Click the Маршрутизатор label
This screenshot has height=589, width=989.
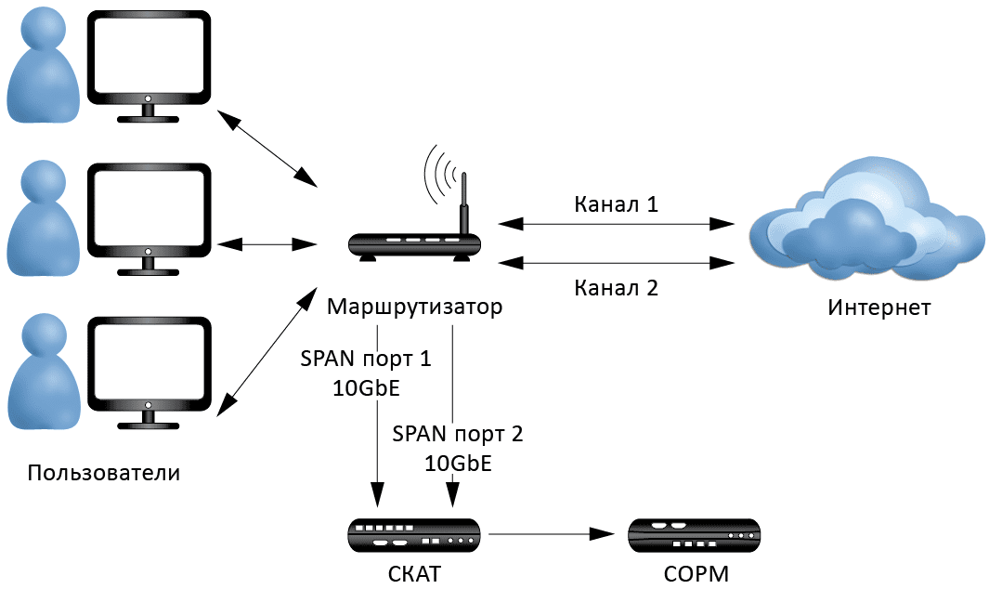[415, 307]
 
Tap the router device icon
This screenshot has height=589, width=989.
[414, 245]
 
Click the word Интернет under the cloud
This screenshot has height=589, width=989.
[878, 308]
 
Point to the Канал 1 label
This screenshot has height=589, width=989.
[616, 204]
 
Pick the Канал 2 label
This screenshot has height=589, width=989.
[616, 287]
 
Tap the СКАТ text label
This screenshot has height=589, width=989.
[413, 573]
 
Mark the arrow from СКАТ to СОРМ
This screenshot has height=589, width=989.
[552, 534]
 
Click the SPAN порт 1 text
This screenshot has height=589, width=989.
[365, 359]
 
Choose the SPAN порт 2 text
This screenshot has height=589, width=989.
[458, 434]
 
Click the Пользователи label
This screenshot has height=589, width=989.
[104, 473]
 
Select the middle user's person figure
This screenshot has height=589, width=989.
[42, 218]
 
